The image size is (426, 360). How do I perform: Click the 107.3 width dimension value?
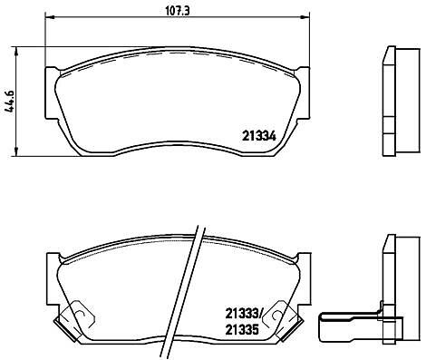pyautogui.click(x=178, y=12)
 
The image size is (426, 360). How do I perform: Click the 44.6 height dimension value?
pyautogui.click(x=10, y=102)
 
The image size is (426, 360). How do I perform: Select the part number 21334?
pyautogui.click(x=259, y=137)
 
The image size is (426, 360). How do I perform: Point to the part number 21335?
pyautogui.click(x=242, y=329)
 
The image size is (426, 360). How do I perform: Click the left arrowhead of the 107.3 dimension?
pyautogui.click(x=49, y=17)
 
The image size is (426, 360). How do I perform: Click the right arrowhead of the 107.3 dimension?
pyautogui.click(x=305, y=17)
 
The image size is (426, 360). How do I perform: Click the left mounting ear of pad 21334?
pyautogui.click(x=52, y=92)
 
